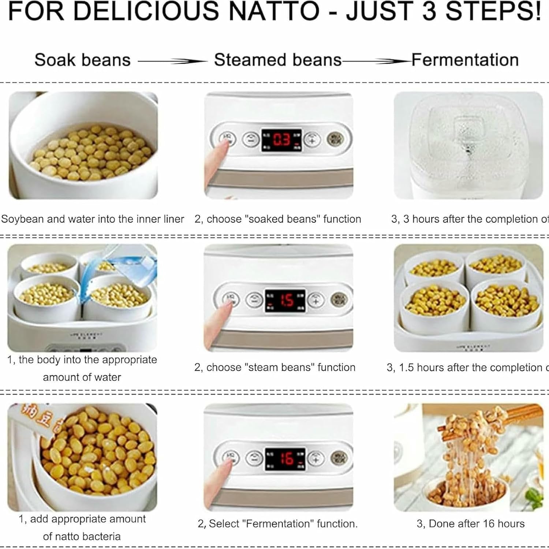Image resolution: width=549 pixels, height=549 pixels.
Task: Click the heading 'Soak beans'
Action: coord(82,60)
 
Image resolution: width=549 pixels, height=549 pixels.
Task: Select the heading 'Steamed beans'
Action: coord(277,60)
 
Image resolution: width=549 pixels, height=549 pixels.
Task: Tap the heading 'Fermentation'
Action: coord(465,60)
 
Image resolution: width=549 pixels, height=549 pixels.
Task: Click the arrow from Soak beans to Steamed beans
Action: coord(172,61)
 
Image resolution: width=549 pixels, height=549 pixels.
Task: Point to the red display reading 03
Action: coord(281,140)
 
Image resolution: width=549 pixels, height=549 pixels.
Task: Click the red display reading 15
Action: coord(285,300)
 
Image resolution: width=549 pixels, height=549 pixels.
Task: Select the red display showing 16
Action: coord(285,458)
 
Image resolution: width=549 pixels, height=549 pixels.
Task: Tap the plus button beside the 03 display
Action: coord(312,139)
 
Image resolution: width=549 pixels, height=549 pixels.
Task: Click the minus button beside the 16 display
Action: coord(254,457)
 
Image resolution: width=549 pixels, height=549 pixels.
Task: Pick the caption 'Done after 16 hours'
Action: coord(470,524)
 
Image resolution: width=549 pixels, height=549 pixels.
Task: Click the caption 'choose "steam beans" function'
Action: coord(274,367)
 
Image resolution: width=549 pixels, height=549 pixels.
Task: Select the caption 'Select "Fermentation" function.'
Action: coord(277,524)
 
